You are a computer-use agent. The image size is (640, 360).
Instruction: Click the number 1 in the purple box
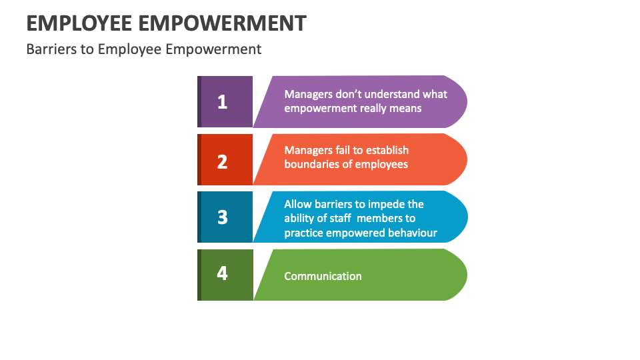(x=222, y=102)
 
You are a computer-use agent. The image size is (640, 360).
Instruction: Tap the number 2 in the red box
(x=222, y=161)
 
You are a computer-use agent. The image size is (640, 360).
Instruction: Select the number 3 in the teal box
(x=223, y=217)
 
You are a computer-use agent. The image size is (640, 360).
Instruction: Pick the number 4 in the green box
(x=222, y=273)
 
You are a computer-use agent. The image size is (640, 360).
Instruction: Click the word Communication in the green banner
(x=323, y=276)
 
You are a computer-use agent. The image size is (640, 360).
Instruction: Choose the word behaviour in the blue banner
(x=412, y=233)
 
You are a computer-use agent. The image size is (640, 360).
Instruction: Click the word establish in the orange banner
(x=387, y=150)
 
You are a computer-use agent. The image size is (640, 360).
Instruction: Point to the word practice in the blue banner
(x=304, y=233)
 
